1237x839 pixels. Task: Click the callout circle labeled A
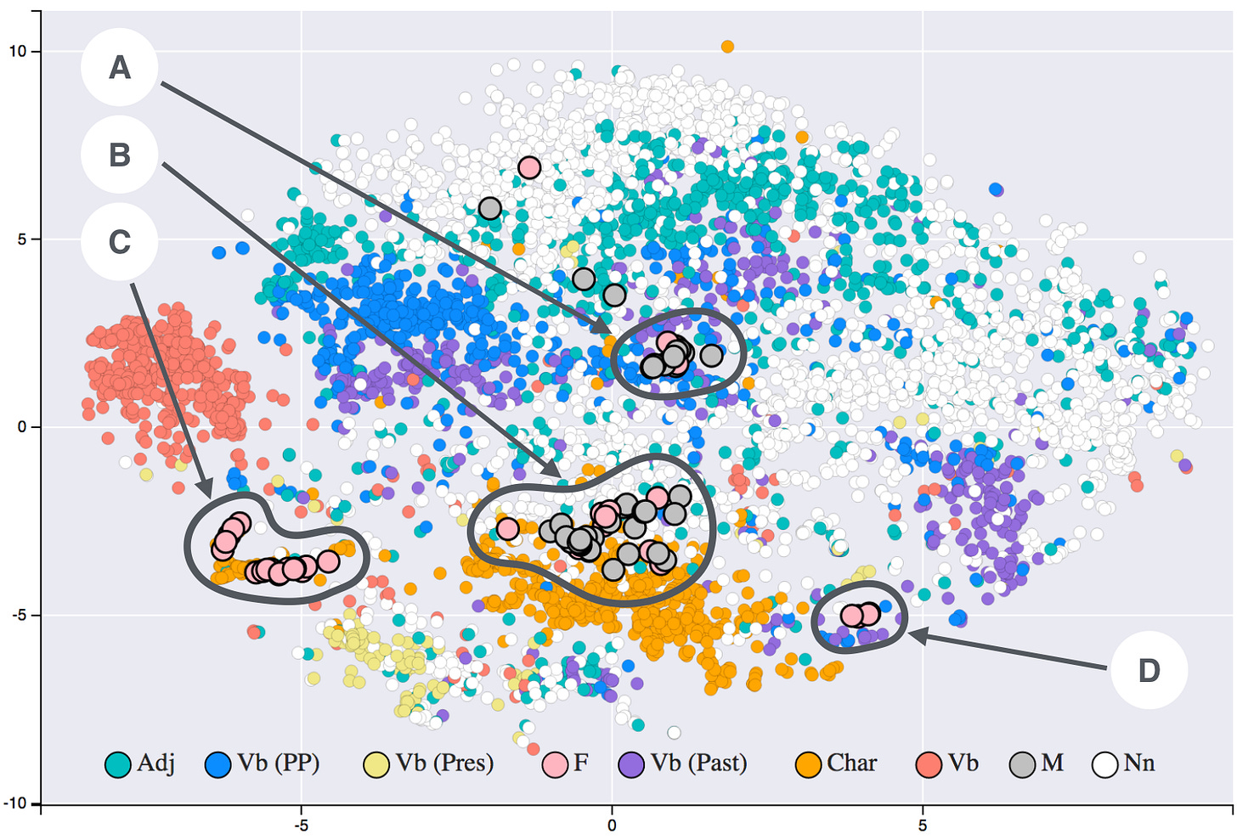coord(120,68)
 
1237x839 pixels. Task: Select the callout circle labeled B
coord(120,155)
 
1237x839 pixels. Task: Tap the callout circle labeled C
coord(120,242)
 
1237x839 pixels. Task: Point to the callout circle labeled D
coord(1149,670)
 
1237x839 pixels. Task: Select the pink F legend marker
coord(556,764)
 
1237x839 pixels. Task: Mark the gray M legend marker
coord(1023,764)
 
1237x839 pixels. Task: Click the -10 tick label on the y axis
coord(15,803)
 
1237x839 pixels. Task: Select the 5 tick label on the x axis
coord(923,825)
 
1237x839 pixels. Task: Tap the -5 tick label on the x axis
coord(300,825)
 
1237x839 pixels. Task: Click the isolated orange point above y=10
coord(727,47)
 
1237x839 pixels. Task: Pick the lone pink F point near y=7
coord(529,167)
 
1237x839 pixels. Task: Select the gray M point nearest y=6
coord(490,208)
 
